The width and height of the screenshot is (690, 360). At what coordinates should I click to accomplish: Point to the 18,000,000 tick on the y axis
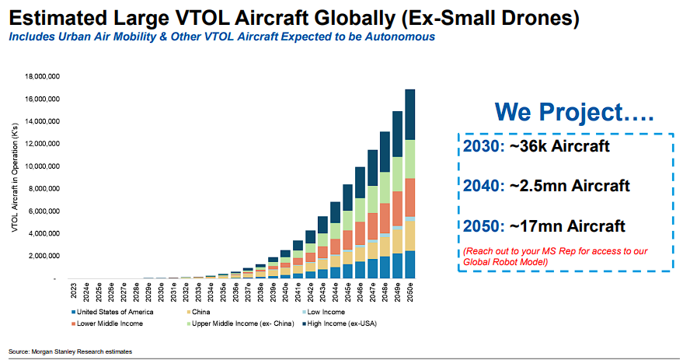(x=43, y=77)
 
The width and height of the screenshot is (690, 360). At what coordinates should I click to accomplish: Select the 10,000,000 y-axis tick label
(x=43, y=166)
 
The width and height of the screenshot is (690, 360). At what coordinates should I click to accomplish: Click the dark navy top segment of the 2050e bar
(x=410, y=114)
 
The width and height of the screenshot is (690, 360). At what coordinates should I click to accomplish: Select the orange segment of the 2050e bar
(x=410, y=197)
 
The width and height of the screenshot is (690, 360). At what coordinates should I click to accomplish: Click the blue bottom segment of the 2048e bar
(x=384, y=267)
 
